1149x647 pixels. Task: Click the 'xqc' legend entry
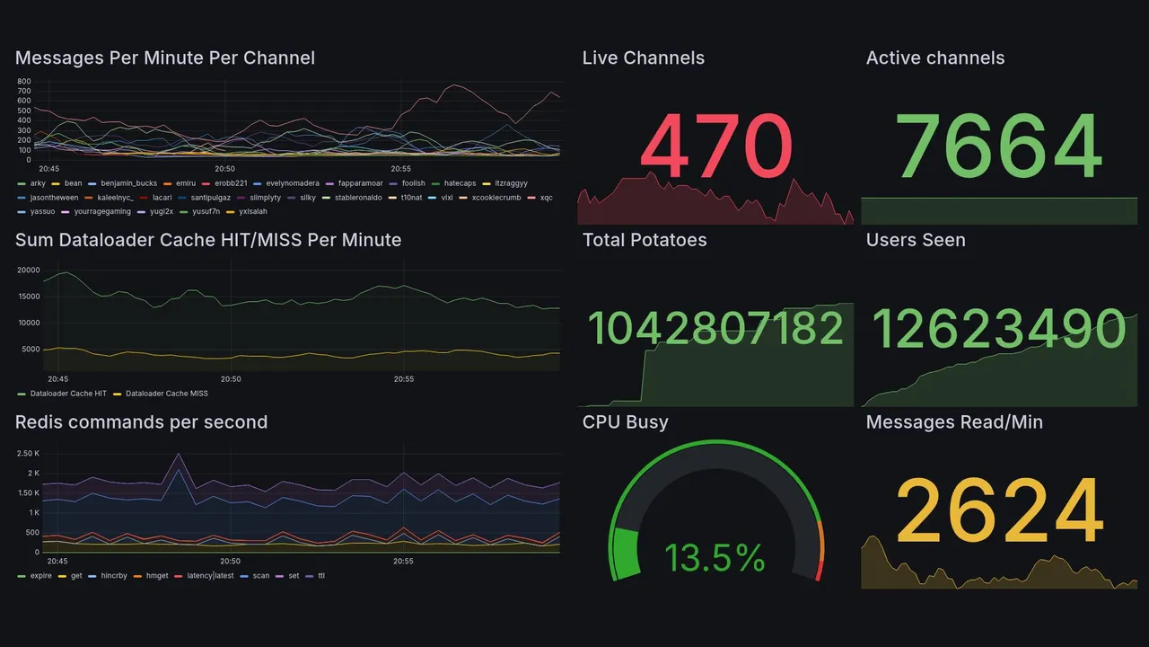click(x=546, y=197)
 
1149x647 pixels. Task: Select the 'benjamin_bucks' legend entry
click(x=128, y=182)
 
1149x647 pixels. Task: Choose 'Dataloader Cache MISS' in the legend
click(x=166, y=394)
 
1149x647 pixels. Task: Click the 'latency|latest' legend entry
click(x=210, y=575)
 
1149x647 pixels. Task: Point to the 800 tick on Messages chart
click(x=23, y=82)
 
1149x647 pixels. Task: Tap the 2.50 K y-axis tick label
click(x=28, y=453)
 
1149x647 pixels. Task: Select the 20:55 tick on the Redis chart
click(x=403, y=561)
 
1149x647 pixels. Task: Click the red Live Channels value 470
click(x=716, y=146)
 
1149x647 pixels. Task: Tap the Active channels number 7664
click(x=999, y=146)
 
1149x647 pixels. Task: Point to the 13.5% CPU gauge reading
click(x=715, y=559)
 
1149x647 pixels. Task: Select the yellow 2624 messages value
click(x=999, y=510)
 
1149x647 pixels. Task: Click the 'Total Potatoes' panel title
click(x=645, y=240)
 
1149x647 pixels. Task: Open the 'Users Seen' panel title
click(x=916, y=240)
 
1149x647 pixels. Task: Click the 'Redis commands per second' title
click(x=141, y=422)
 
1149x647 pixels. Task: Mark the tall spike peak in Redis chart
click(x=178, y=455)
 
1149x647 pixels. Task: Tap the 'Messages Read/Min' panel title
click(x=954, y=422)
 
